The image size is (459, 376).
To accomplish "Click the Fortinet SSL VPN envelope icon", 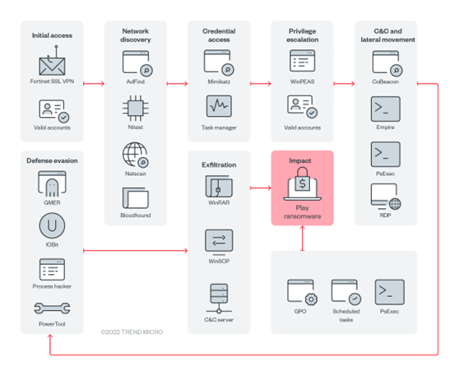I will click(x=51, y=64).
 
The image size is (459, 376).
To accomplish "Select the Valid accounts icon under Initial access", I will click(x=51, y=109).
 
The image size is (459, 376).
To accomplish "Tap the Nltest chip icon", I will click(x=134, y=109).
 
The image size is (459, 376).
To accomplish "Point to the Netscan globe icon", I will click(x=134, y=154).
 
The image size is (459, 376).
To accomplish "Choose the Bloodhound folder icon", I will click(x=134, y=198).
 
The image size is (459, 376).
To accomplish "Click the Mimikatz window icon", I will click(x=219, y=63).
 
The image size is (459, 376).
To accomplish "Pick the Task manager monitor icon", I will click(x=219, y=108).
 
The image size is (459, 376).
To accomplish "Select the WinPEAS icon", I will click(x=302, y=63).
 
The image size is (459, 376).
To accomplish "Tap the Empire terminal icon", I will click(x=385, y=108).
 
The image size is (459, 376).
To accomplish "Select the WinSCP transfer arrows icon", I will click(x=219, y=240).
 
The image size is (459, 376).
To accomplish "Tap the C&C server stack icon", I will click(x=219, y=295).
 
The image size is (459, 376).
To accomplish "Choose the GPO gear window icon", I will click(x=302, y=292).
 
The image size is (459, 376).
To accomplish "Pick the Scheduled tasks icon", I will click(x=345, y=292).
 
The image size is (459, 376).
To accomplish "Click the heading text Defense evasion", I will click(x=51, y=160).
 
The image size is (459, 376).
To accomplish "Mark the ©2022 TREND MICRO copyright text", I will click(x=132, y=332).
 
